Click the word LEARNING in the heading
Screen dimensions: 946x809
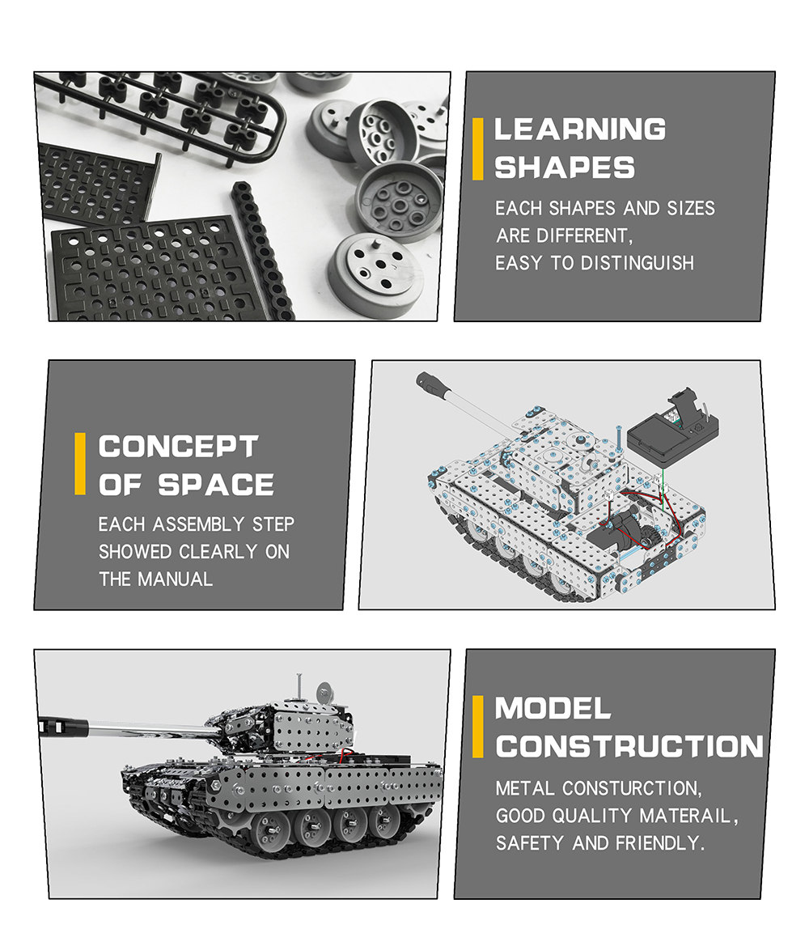pyautogui.click(x=580, y=129)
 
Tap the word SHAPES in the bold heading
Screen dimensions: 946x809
pyautogui.click(x=565, y=168)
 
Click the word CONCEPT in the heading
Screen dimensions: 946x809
pyautogui.click(x=178, y=447)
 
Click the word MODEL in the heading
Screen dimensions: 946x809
pyautogui.click(x=553, y=709)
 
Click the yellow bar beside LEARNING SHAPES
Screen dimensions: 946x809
pyautogui.click(x=478, y=149)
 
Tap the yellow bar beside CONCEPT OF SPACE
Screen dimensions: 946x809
pyautogui.click(x=80, y=464)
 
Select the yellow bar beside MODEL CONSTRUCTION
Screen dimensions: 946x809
pyautogui.click(x=478, y=727)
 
